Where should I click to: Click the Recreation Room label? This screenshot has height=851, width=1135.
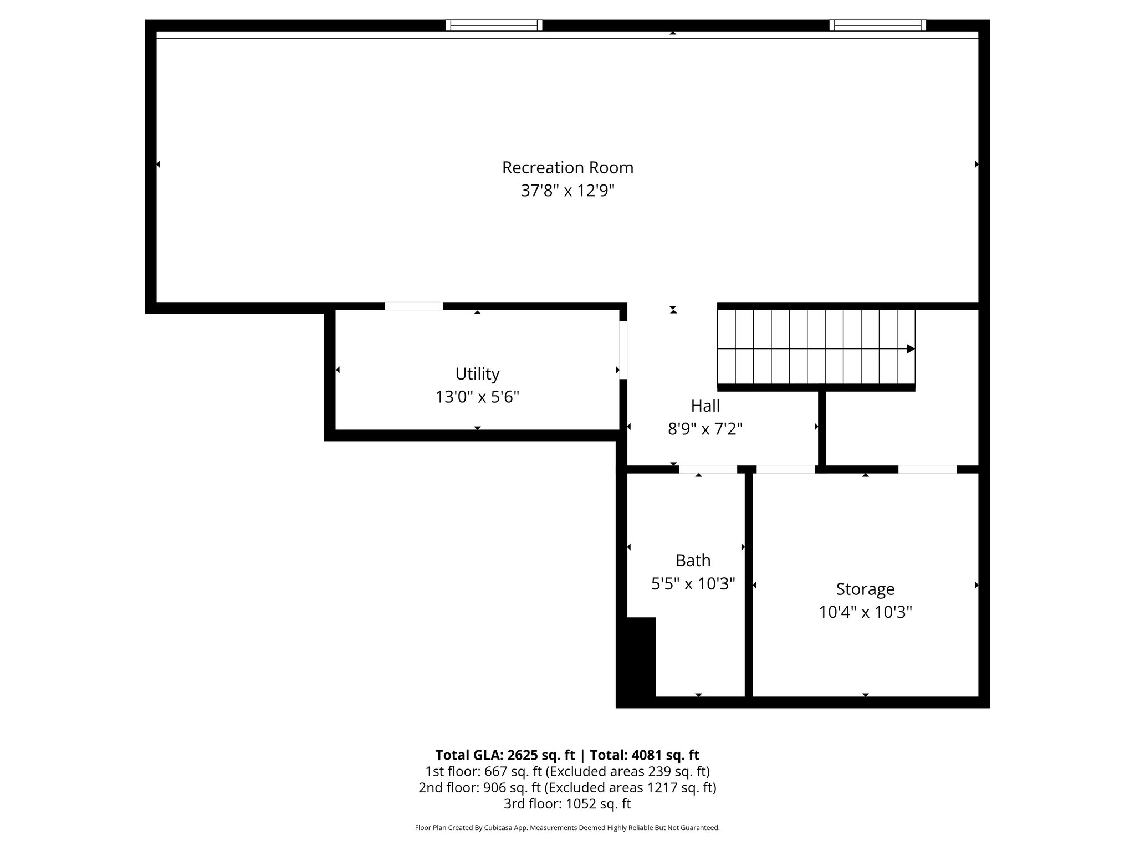coord(567,167)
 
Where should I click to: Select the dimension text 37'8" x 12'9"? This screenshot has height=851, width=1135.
coord(567,191)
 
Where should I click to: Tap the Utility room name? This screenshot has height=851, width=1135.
coord(477,374)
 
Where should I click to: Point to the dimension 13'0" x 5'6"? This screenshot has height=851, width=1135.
coord(477,397)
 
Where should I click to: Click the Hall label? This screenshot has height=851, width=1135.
coord(705,406)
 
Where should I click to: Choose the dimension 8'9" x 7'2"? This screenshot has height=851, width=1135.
coord(705,429)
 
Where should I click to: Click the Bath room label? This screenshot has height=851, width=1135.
coord(693,561)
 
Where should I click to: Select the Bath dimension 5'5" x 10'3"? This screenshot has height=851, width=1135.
coord(693,584)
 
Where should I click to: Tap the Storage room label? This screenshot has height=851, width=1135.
coord(865,589)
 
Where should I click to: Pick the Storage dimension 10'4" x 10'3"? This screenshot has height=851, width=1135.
coord(865,612)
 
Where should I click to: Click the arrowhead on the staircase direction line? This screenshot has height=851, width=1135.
coord(910,349)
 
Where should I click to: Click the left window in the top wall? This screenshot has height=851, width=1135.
coord(494,25)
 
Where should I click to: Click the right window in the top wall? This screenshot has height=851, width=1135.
coord(877,25)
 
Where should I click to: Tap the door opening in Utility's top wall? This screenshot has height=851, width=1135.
coord(414,306)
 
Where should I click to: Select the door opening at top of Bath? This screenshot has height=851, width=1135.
coord(708,469)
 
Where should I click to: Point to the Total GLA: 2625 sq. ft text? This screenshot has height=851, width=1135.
coord(505,755)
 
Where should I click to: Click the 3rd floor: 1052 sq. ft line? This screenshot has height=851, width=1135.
coord(567,804)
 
